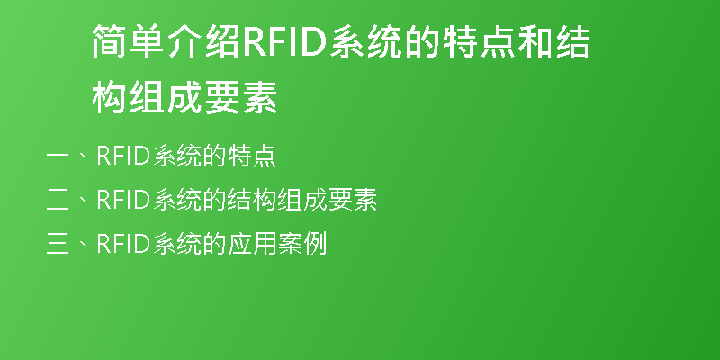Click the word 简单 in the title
tap(129, 41)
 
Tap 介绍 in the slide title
tap(203, 41)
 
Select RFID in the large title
tap(284, 42)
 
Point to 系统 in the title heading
tap(366, 41)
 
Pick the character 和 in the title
tap(534, 41)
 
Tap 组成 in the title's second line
tap(166, 97)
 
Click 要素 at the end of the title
tap(240, 97)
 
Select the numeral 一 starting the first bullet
tap(58, 157)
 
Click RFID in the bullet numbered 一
tap(123, 156)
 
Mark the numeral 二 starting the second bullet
tap(58, 200)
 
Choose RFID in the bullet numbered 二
tap(123, 200)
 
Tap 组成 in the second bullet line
tap(301, 200)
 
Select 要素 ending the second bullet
tap(352, 200)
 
